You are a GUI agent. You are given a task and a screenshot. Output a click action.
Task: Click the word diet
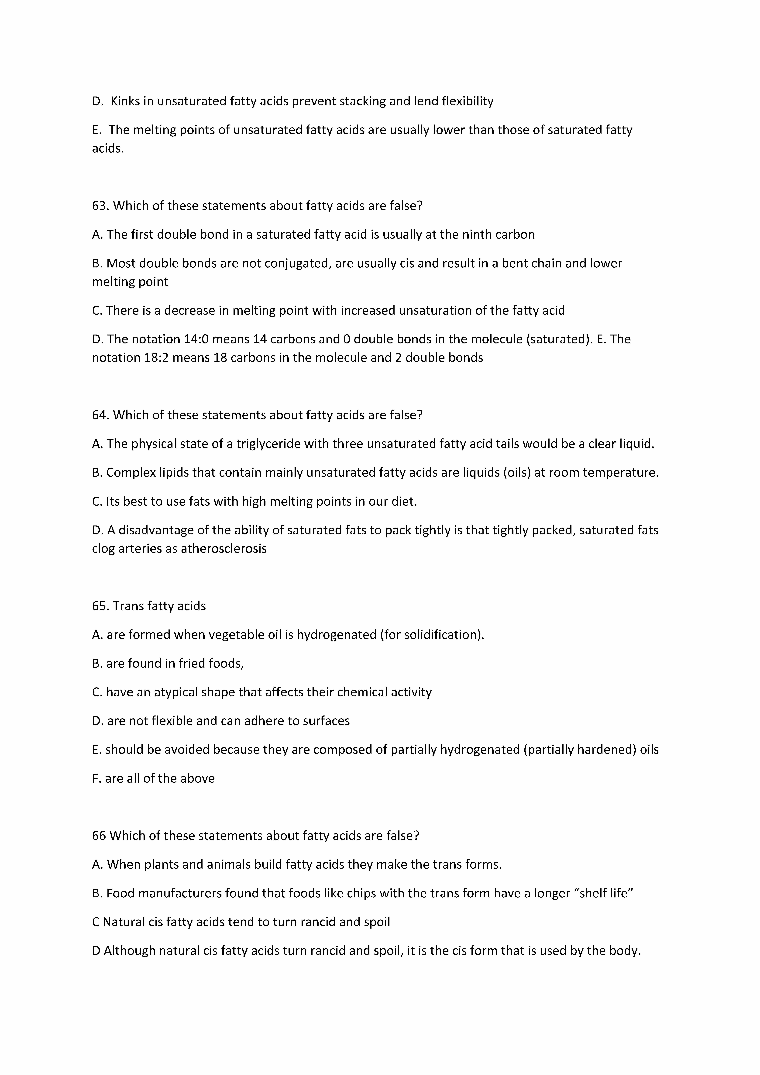pyautogui.click(x=405, y=502)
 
